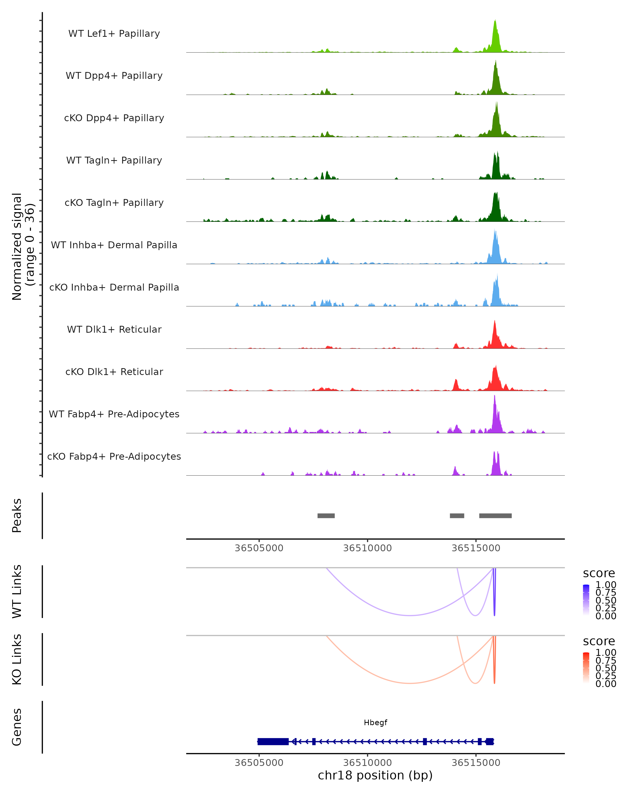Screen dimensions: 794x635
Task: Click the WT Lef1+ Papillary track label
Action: (x=114, y=34)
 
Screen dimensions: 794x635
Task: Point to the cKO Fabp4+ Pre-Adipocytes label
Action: (x=114, y=456)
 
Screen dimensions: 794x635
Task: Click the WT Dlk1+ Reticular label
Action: (x=114, y=330)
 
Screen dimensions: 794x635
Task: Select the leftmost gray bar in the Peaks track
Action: (x=326, y=516)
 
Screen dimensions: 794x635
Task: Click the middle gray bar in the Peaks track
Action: (x=457, y=516)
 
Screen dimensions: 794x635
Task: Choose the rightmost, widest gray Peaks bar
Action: (x=495, y=516)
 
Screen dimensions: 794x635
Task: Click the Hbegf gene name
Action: (x=375, y=723)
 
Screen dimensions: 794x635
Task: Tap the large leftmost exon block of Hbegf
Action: (x=273, y=741)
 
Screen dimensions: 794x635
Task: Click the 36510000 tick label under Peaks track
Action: (x=368, y=548)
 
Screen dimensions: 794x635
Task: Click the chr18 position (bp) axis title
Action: (x=375, y=775)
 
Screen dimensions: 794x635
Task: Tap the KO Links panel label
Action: (x=17, y=659)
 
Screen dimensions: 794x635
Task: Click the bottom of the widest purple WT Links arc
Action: (x=410, y=615)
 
